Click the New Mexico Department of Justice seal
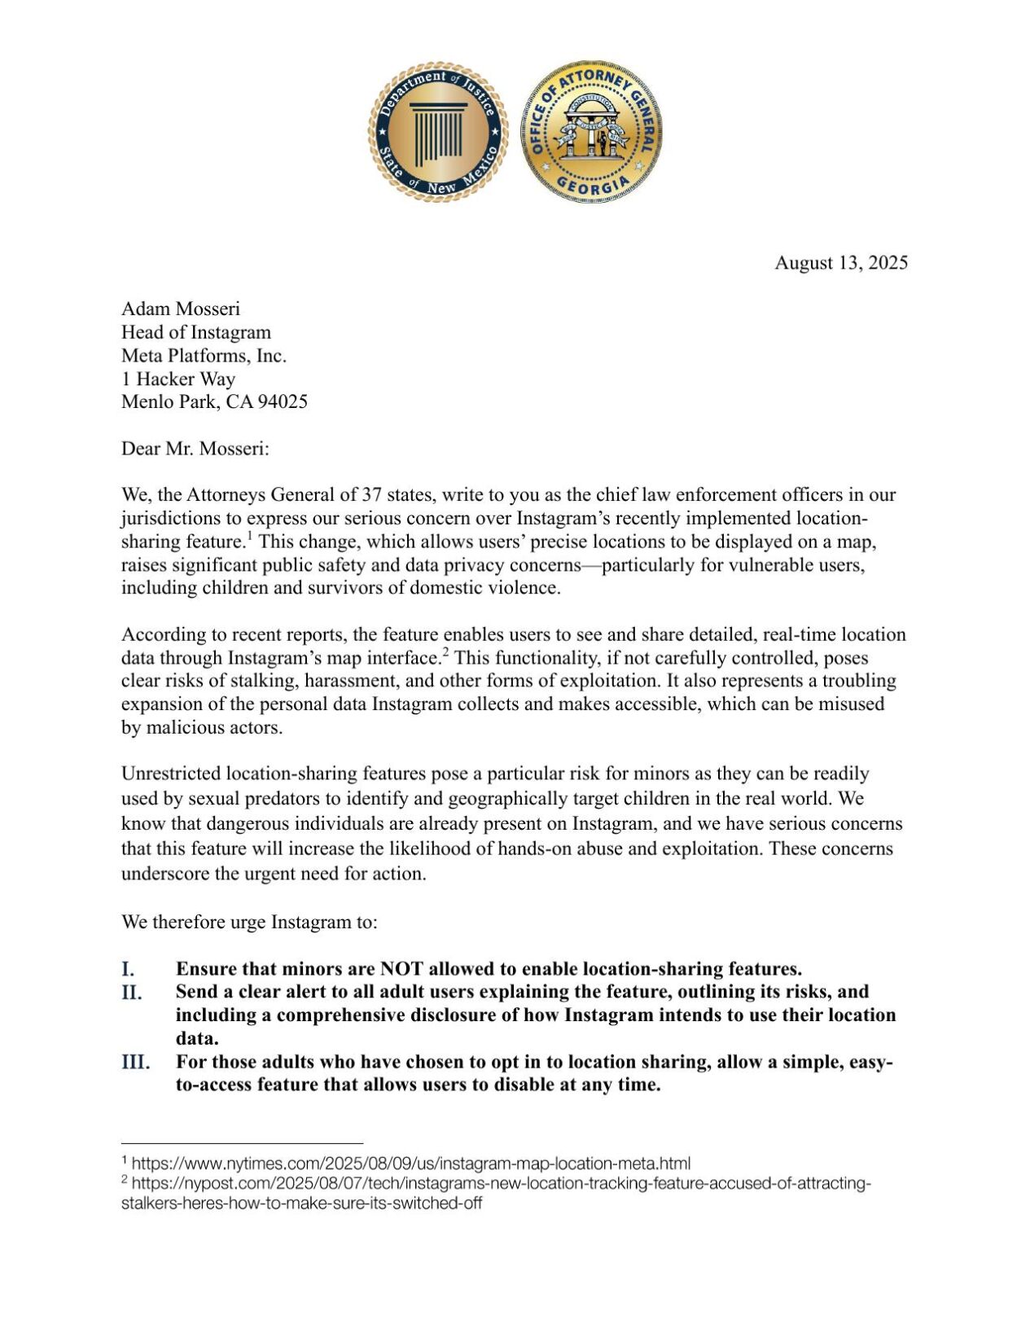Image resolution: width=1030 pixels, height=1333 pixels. coord(437,131)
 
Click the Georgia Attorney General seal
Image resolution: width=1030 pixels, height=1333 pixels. coord(590,131)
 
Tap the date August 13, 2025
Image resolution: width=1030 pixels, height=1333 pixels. coord(840,263)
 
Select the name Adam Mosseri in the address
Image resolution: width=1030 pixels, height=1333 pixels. coord(181,309)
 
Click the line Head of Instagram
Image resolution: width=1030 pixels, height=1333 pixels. coord(196,332)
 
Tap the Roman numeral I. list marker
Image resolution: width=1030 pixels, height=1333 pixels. coord(129,969)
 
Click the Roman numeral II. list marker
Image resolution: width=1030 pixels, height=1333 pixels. coord(132,993)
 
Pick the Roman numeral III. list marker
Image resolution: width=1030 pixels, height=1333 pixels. coord(135,1063)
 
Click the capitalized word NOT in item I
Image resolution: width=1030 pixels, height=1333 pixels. coord(401,969)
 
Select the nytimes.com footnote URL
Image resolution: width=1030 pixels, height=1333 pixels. coord(410,1163)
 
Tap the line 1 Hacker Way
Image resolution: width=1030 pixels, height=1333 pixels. coord(178,379)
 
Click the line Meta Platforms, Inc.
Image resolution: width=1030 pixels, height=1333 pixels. coord(204,355)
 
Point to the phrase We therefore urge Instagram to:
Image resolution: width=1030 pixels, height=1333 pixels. coord(249,922)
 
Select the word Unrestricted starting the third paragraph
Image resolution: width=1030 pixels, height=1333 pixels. coord(171,774)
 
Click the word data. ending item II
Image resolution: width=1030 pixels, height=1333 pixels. coord(197,1039)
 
